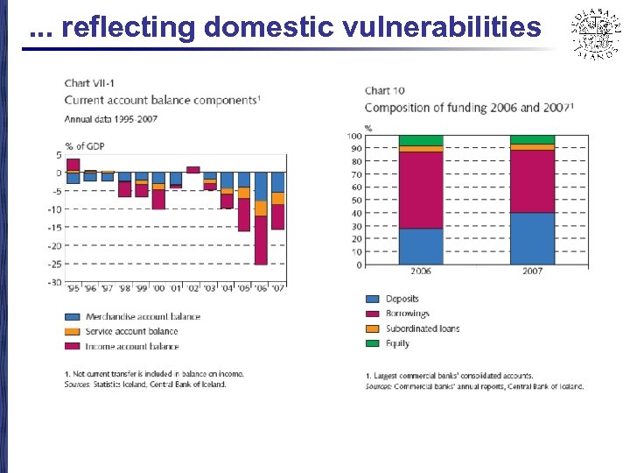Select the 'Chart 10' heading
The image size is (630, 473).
(384, 90)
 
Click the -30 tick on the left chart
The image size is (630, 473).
(55, 282)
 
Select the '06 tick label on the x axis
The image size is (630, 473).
(261, 288)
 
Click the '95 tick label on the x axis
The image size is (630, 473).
(73, 288)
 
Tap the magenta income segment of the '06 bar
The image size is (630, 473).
(261, 240)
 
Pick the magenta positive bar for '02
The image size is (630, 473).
(192, 170)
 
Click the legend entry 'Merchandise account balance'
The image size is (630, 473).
(143, 317)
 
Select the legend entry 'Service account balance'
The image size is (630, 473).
(131, 331)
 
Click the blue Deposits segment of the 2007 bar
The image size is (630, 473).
(532, 238)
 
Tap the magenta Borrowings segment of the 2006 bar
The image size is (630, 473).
(421, 190)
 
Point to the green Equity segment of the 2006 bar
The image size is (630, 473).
(421, 140)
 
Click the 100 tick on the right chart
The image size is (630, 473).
(354, 136)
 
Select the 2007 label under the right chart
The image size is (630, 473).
(532, 272)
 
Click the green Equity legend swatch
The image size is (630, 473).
(373, 343)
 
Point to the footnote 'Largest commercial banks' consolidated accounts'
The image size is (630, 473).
(451, 376)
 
